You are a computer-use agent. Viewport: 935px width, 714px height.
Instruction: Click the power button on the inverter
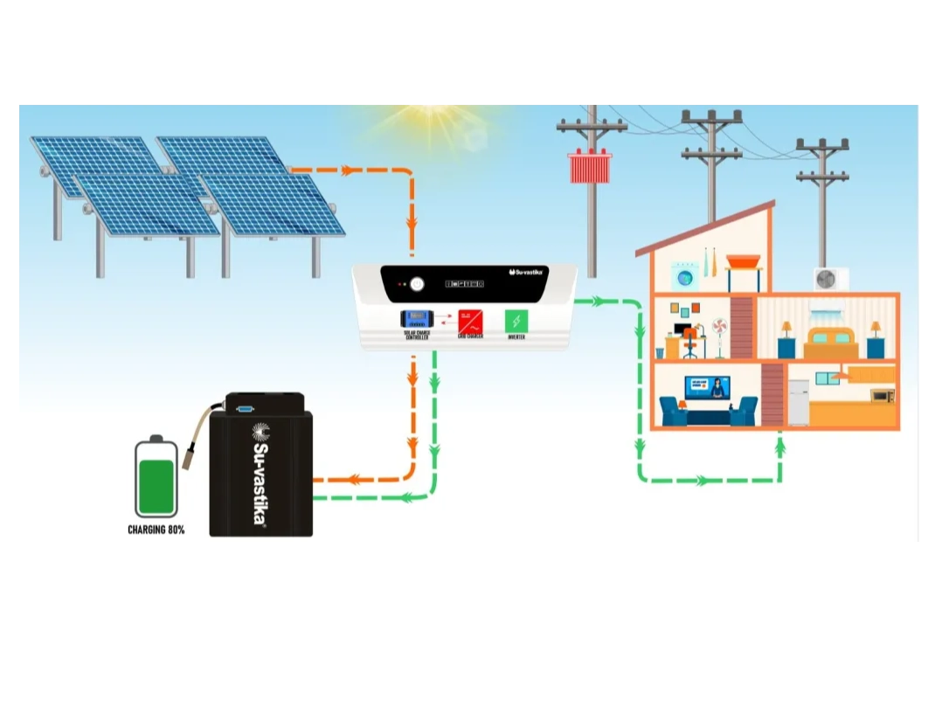click(417, 284)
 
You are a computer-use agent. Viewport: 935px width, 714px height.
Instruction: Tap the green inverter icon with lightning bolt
click(516, 320)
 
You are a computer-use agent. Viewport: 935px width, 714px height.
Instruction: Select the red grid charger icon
click(470, 320)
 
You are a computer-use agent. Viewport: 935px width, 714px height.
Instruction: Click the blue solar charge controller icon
click(416, 320)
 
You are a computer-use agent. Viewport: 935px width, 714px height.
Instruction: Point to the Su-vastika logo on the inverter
click(526, 272)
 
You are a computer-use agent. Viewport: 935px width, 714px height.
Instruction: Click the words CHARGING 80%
click(156, 530)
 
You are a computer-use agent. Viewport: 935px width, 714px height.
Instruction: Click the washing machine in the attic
click(684, 277)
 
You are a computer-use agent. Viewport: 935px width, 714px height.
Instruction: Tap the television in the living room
click(707, 388)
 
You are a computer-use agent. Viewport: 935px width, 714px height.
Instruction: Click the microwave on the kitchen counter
click(883, 396)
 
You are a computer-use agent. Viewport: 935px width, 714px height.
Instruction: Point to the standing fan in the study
click(720, 336)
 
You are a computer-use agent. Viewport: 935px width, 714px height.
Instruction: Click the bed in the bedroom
click(830, 343)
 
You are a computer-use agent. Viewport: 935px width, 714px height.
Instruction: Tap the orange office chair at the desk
click(689, 343)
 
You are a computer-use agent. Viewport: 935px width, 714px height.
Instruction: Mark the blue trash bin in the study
click(661, 352)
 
